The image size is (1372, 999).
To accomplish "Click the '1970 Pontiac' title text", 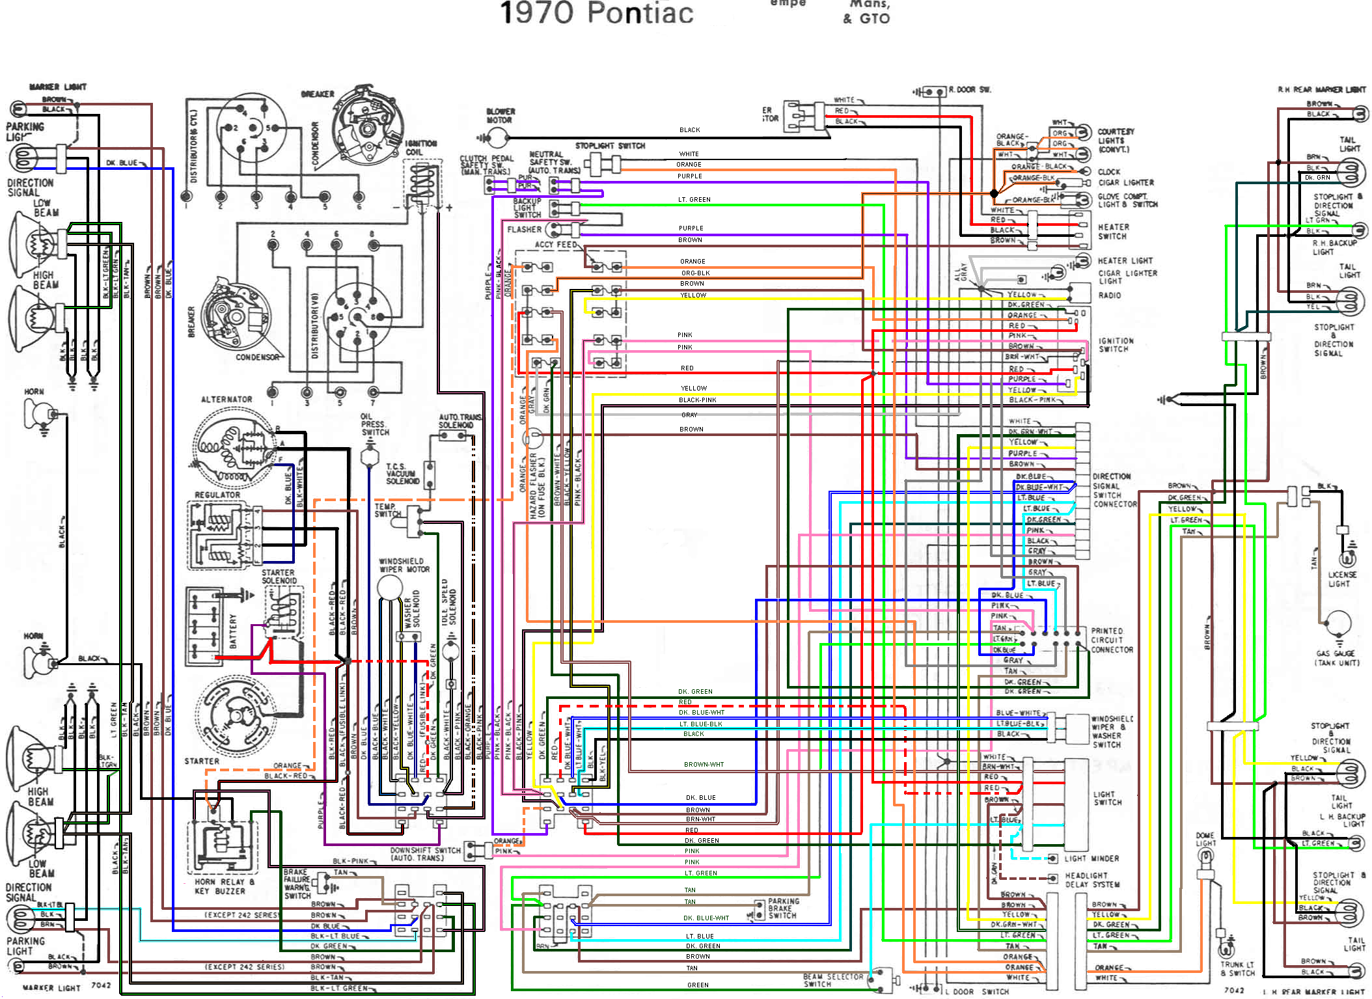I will [596, 13].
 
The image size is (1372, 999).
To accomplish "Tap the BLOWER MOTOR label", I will [500, 116].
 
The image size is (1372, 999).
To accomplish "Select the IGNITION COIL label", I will [420, 148].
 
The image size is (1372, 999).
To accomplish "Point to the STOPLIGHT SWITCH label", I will [609, 146].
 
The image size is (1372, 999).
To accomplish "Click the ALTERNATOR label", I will [226, 399].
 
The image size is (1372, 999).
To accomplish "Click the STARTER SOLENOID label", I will [279, 577].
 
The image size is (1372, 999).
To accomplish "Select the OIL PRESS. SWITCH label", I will [374, 424].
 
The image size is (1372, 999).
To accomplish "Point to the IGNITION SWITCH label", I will [1116, 345].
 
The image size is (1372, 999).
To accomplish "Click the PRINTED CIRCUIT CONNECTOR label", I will [1112, 640].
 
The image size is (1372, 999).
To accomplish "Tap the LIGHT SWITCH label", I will [1107, 799].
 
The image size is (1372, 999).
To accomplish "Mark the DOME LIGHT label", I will [1205, 839].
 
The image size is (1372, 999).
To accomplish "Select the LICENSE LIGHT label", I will [1341, 579].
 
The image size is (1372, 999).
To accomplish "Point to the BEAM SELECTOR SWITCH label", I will [832, 980].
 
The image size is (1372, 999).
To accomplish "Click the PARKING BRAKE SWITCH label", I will [783, 909].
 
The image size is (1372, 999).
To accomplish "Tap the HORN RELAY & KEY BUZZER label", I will [220, 886].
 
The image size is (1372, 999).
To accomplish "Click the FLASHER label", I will [524, 230].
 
